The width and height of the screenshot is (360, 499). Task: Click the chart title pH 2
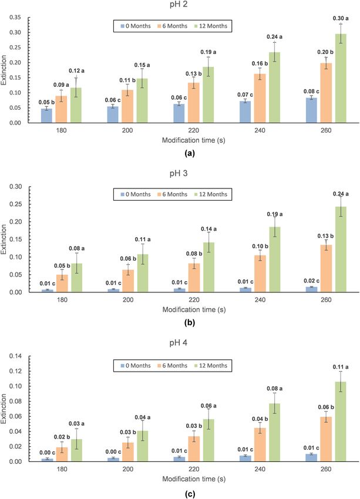click(x=179, y=5)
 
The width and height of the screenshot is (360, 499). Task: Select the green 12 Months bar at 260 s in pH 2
click(x=341, y=78)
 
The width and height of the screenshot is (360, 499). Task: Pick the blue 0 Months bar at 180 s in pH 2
click(x=46, y=116)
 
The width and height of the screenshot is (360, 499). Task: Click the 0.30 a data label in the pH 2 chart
click(x=341, y=18)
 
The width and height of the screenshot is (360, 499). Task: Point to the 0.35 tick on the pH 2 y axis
click(x=15, y=17)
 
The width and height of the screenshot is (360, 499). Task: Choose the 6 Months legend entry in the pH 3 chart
click(x=172, y=194)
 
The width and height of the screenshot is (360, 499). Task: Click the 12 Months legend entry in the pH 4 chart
click(x=210, y=366)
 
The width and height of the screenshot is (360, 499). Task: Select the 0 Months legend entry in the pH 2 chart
click(x=136, y=26)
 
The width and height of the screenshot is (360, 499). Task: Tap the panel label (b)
click(x=189, y=323)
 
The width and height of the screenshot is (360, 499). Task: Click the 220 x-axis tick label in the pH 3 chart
click(x=194, y=300)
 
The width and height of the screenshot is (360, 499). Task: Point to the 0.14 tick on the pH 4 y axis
click(x=15, y=356)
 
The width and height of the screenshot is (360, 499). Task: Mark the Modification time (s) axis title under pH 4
click(x=194, y=479)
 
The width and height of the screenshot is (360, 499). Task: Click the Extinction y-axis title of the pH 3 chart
click(x=4, y=240)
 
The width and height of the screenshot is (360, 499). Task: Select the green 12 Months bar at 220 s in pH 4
click(x=208, y=440)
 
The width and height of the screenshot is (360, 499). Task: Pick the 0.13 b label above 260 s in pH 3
click(x=325, y=236)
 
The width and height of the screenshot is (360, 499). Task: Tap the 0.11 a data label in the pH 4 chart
click(x=341, y=367)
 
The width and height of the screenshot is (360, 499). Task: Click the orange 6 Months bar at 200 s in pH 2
click(x=127, y=106)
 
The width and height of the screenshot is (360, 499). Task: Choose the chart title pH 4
click(x=179, y=343)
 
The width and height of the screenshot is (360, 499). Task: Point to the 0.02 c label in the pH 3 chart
click(x=311, y=281)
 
